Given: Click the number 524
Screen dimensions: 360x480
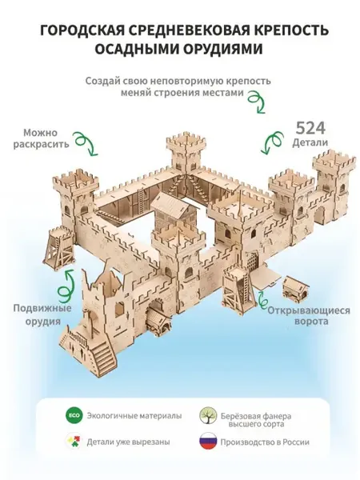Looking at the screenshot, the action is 310,128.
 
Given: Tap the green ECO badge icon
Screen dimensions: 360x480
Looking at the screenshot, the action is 74,416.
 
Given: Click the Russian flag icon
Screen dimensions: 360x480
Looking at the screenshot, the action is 209,441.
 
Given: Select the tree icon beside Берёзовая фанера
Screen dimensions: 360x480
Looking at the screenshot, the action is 208,416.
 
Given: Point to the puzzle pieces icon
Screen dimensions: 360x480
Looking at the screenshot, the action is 74,442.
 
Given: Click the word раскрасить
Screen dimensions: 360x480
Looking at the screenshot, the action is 42,144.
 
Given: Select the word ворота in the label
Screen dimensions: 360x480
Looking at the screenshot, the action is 311,322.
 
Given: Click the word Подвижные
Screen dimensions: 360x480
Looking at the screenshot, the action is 42,309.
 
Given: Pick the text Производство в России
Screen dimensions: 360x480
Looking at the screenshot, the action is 265,442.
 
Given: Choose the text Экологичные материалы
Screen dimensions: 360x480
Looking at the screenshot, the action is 134,416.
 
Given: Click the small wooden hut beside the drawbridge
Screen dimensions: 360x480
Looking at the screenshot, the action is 292,286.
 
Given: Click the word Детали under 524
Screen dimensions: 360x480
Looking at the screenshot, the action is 310,143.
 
